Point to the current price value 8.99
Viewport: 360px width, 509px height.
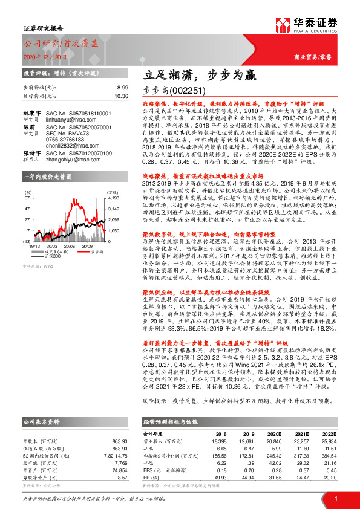point(122,88)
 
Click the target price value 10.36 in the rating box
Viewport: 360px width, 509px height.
point(121,96)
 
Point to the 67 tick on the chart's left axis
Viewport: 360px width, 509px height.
point(27,197)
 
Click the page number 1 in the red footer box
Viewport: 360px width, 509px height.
point(335,498)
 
